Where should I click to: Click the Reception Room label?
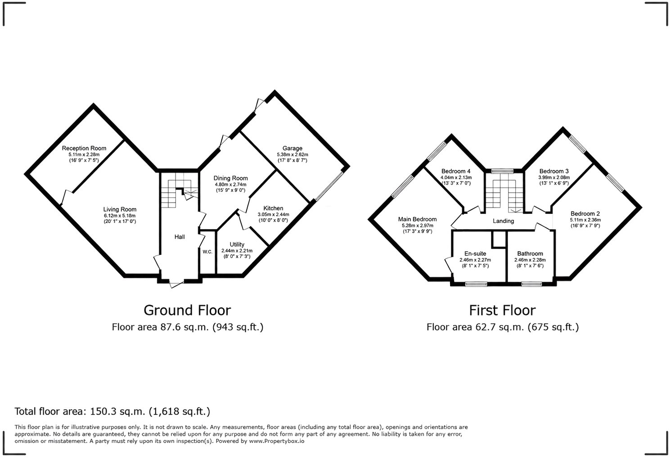(x=84, y=148)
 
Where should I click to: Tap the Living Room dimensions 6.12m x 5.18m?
(x=120, y=216)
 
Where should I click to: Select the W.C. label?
(x=207, y=252)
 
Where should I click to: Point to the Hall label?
(x=180, y=237)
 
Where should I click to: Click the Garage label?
(x=293, y=148)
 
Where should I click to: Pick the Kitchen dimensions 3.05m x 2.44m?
(x=273, y=214)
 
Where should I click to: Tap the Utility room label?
(x=237, y=244)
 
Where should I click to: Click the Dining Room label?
(x=231, y=178)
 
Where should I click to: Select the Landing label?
(x=503, y=221)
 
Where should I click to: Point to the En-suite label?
(x=475, y=253)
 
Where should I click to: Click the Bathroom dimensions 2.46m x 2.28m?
(x=530, y=260)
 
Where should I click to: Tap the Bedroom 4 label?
(x=456, y=171)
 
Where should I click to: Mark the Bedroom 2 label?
(x=585, y=214)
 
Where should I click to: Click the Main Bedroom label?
(x=417, y=219)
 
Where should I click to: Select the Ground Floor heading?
(x=187, y=310)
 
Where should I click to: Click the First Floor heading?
(x=502, y=310)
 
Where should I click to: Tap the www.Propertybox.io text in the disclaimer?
(x=276, y=441)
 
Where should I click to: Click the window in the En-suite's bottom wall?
(x=476, y=284)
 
